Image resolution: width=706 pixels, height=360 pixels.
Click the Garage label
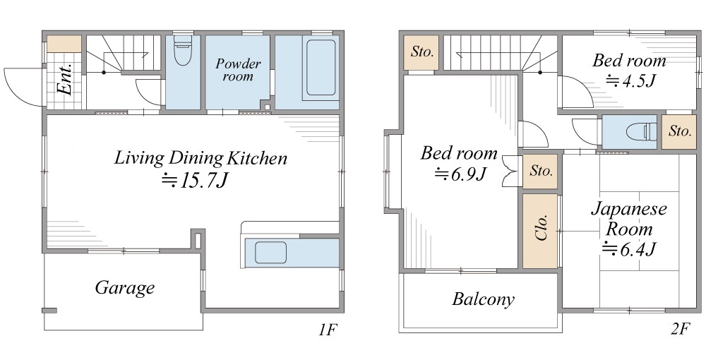[x=125, y=288]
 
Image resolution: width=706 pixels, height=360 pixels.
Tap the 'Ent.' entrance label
[x=65, y=79]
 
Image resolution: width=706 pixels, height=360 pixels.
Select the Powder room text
[x=238, y=70]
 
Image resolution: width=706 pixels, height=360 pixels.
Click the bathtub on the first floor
[x=321, y=68]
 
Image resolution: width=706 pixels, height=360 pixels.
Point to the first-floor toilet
[x=183, y=50]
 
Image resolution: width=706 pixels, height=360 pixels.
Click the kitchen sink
[x=270, y=253]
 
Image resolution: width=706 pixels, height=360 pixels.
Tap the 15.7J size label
[x=195, y=180]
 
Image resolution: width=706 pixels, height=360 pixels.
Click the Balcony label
[x=483, y=299]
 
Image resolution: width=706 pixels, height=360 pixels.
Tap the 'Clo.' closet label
[x=541, y=227]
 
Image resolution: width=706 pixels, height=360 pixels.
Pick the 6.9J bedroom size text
[x=460, y=173]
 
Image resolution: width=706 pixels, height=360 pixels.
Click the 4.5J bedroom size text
[x=630, y=80]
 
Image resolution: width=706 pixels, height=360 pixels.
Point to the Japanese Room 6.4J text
[x=628, y=229]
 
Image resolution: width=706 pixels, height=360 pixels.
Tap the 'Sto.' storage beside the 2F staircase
[x=421, y=52]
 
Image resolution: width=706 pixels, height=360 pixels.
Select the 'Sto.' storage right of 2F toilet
[x=679, y=131]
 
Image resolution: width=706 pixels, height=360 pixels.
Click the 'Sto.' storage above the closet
[x=540, y=171]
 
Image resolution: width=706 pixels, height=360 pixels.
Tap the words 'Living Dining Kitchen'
[x=201, y=158]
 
